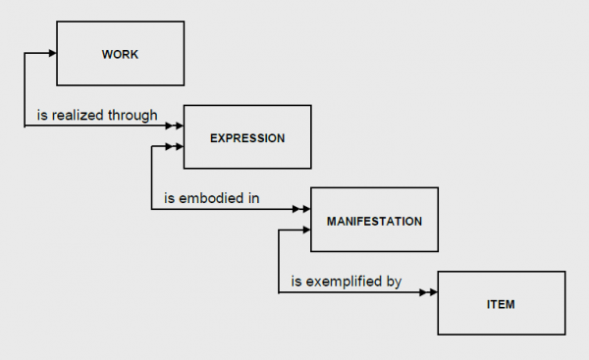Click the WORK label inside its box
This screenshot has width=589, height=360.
coord(120,54)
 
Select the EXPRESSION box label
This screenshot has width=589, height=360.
coord(247,138)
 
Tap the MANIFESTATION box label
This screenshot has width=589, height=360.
coord(374,222)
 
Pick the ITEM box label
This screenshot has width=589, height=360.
coord(501,305)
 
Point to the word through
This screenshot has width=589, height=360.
coord(134,115)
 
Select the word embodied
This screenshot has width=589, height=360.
coord(211,199)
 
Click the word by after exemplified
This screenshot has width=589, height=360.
coord(394,283)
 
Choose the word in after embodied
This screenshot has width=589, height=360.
coord(253,199)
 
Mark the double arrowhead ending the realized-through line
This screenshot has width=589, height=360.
coord(175,126)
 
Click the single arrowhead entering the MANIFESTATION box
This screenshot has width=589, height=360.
coord(305,231)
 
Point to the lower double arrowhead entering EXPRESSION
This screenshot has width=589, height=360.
coord(175,147)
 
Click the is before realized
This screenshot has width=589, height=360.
coord(42,115)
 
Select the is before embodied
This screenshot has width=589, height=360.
coord(169,199)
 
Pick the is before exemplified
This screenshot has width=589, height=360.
coord(295,283)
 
